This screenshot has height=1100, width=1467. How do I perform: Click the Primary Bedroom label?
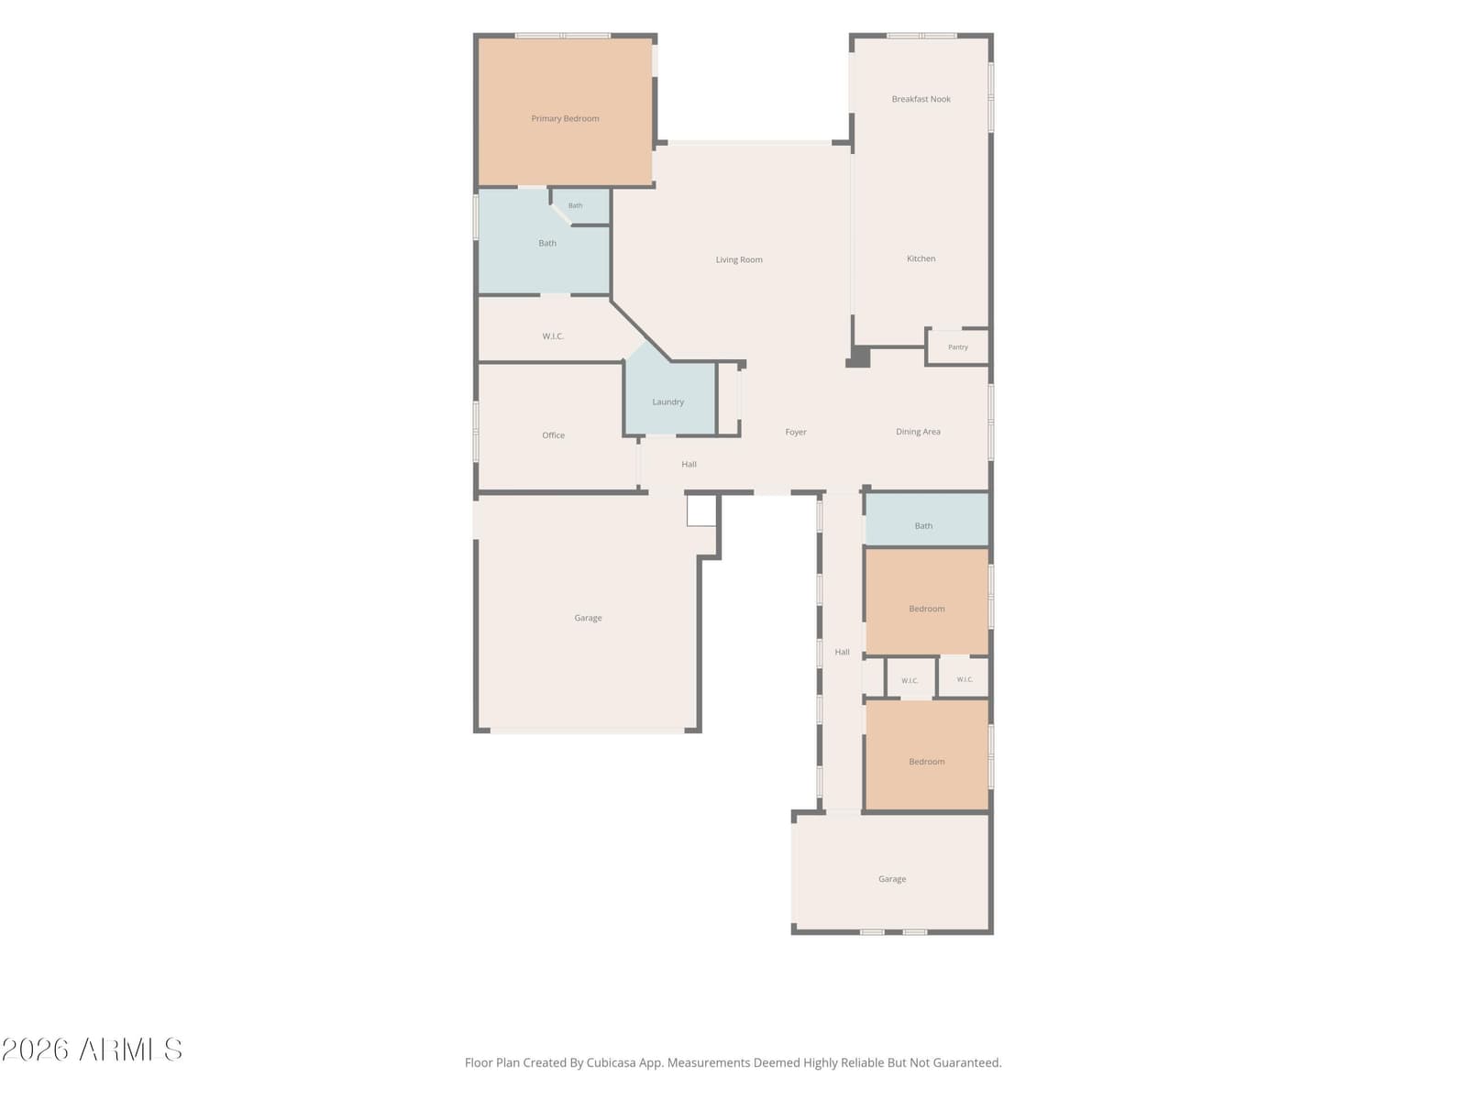(565, 119)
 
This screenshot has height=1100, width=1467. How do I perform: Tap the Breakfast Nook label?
(921, 99)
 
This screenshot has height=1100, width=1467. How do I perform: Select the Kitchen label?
(921, 258)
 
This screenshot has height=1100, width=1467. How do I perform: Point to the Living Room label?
(738, 259)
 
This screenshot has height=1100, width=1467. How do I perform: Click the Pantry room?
(957, 347)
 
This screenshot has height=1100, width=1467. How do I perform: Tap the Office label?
(553, 435)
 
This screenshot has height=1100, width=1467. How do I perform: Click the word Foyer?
(795, 432)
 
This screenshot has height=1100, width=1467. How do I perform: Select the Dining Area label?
(918, 432)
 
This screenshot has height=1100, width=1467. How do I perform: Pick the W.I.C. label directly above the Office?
(553, 336)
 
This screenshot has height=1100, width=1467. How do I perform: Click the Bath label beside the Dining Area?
(923, 526)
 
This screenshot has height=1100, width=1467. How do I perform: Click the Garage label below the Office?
(588, 618)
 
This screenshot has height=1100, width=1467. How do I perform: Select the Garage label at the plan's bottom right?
(891, 879)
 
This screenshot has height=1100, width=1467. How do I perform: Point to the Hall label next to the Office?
(689, 464)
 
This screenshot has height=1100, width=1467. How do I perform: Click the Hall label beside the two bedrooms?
(842, 652)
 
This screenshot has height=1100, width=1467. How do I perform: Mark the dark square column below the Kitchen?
(859, 357)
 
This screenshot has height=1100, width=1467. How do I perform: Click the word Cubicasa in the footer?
(611, 1062)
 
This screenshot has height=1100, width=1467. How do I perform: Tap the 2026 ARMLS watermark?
(92, 1050)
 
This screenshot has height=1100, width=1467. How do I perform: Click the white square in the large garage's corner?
(701, 511)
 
